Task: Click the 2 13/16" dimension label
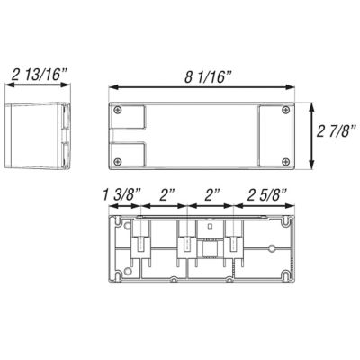[39, 74]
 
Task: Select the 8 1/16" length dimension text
[209, 77]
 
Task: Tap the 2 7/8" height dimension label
[337, 132]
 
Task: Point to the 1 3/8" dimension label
[122, 195]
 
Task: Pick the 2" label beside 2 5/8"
[212, 195]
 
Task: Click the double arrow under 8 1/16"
[202, 87]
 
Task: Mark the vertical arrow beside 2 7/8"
[312, 136]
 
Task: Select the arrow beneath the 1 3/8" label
[124, 206]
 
